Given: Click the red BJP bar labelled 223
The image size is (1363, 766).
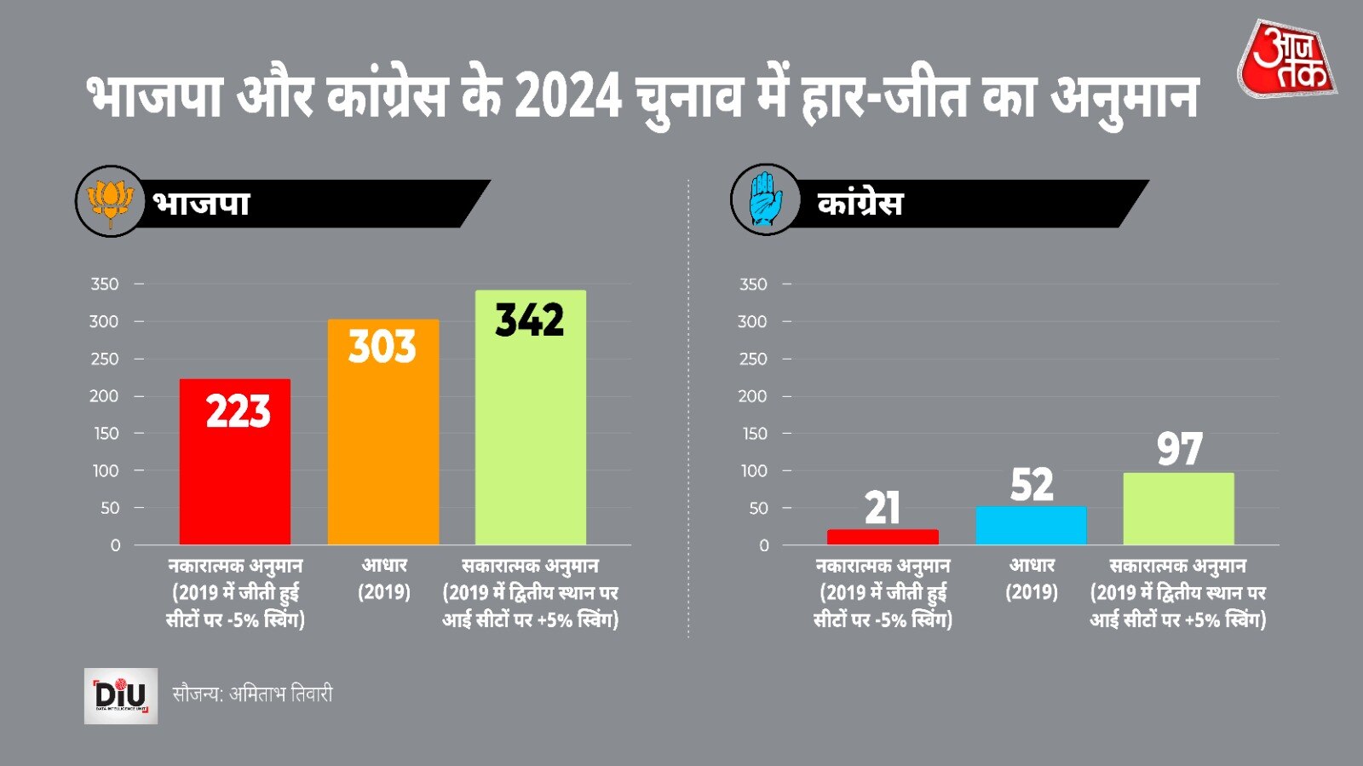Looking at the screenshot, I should (234, 477).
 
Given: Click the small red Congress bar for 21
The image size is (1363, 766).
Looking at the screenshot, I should (883, 537).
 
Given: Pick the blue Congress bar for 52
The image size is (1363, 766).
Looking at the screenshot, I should (1031, 526).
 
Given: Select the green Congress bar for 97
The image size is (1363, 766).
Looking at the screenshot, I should (1178, 509).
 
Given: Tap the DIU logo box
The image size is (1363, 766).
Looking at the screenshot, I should (121, 695).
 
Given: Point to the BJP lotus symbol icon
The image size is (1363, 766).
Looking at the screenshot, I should (110, 202).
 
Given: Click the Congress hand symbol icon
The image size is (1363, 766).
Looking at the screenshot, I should (765, 200).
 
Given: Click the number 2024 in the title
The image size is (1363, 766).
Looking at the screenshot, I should (568, 96).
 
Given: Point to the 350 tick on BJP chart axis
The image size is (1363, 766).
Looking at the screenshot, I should (105, 284).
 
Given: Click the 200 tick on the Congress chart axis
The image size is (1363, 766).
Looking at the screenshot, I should (752, 396).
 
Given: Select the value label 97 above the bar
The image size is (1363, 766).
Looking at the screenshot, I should (1179, 449).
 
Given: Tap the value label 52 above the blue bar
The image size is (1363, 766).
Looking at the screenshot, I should (1032, 485).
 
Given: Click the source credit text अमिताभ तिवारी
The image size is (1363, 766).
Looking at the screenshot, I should (280, 694).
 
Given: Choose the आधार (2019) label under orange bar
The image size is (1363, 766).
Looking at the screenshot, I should (384, 579).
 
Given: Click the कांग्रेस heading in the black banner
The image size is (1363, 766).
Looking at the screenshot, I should (860, 204).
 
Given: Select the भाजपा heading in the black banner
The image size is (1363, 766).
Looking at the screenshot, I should (201, 204).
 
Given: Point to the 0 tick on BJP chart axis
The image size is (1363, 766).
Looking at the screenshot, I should (115, 545).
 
